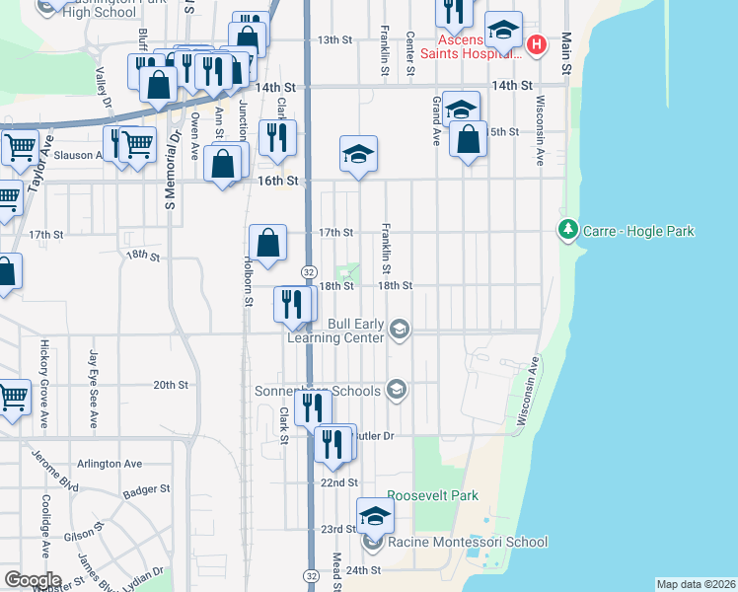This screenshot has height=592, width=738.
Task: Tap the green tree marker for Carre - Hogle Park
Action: (567, 231)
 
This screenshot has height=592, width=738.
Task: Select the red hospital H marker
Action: (536, 44)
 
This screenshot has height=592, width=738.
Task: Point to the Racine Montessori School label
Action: (468, 542)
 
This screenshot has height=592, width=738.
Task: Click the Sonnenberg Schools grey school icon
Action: (397, 390)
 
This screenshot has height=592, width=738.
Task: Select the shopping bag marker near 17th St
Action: (268, 243)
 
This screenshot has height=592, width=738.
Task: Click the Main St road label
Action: (566, 54)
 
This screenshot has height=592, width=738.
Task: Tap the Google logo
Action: (32, 580)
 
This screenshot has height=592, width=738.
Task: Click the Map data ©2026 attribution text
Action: (695, 584)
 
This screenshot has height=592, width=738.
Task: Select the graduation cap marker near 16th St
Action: (359, 153)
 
